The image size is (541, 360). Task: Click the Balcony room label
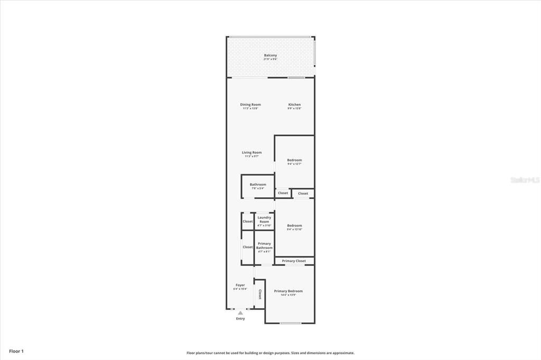coord(270,55)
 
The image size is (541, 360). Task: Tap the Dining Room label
coord(250,105)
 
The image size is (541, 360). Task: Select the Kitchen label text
coord(294,105)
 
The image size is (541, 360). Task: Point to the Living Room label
coord(251,153)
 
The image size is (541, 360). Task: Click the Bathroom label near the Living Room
coord(258,185)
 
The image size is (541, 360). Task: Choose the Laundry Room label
coord(264,220)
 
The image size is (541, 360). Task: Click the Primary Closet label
coord(294,261)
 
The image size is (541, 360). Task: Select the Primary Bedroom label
coord(288,291)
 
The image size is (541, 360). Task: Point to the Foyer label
coord(240,285)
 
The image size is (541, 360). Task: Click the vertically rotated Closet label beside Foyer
coord(259,294)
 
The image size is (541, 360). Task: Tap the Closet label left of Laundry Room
coord(247,221)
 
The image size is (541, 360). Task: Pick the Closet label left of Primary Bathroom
coord(247,247)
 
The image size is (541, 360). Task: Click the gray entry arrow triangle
coord(240,313)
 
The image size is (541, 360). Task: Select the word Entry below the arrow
coord(240,319)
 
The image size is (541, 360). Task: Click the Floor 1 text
coord(16,351)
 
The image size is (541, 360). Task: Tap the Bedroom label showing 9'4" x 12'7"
coord(294,160)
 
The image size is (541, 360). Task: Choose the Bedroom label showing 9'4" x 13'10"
coord(294,225)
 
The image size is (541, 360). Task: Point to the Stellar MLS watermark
coord(525,180)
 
